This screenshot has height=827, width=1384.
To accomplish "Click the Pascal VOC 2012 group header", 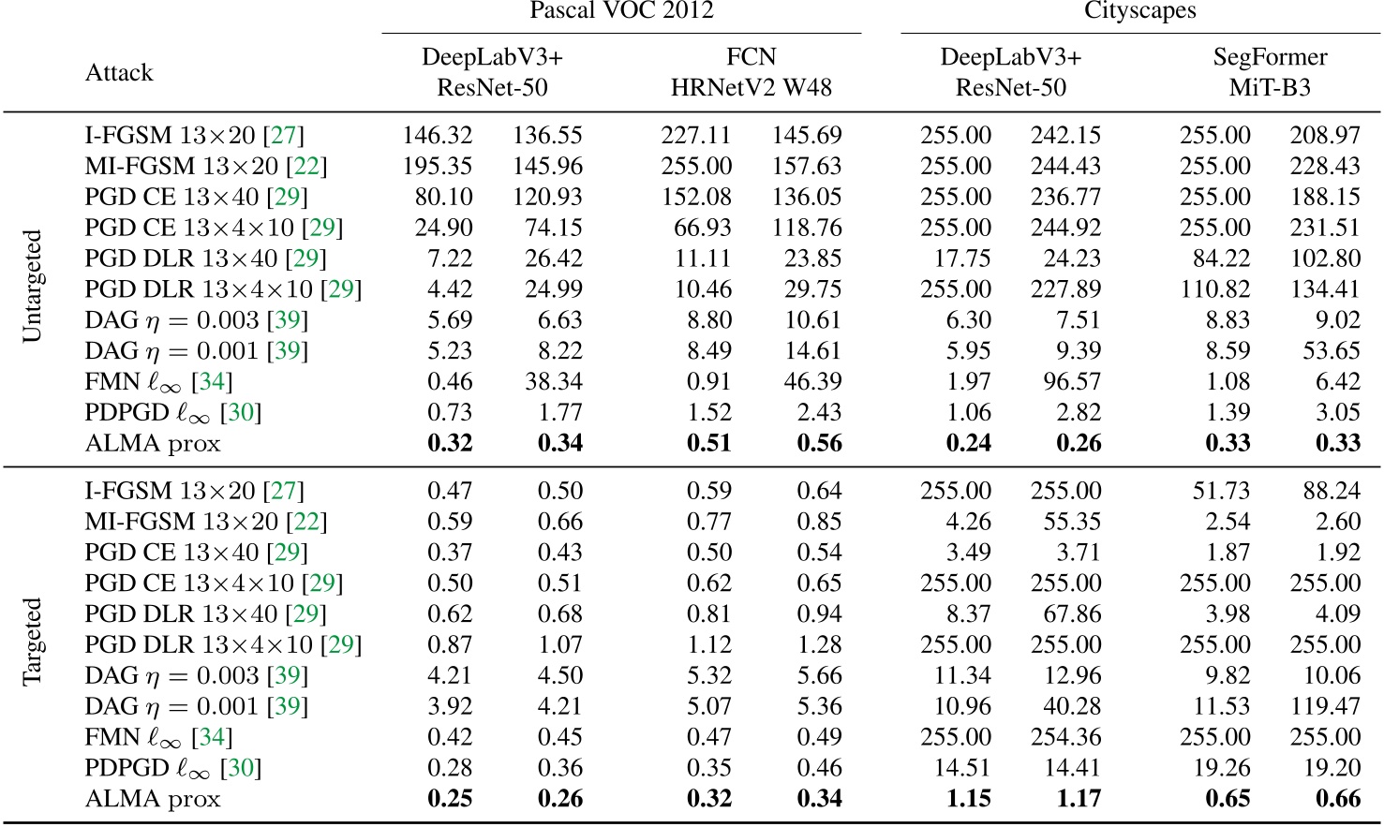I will click(x=621, y=11).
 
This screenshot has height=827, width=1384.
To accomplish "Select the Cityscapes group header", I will click(x=1139, y=11).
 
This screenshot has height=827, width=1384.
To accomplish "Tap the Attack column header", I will click(x=119, y=73).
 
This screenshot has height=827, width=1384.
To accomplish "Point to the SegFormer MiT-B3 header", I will click(x=1270, y=72).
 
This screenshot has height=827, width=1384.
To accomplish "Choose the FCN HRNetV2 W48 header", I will click(x=751, y=72).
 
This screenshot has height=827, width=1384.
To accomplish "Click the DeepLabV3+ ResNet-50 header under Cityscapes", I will click(x=1010, y=72).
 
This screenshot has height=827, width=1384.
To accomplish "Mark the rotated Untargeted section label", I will click(x=33, y=287).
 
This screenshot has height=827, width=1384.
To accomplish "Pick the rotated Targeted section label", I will click(x=33, y=642).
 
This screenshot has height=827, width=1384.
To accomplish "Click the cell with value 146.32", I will click(x=437, y=136).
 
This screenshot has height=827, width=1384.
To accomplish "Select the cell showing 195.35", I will click(x=437, y=167).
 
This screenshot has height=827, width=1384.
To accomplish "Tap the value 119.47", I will click(x=1324, y=707).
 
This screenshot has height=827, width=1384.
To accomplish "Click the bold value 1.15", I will click(x=968, y=799).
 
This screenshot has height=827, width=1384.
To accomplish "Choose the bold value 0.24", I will click(x=968, y=444).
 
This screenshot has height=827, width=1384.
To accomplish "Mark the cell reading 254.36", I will click(x=1065, y=738).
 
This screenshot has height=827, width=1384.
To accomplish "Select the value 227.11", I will click(x=696, y=136).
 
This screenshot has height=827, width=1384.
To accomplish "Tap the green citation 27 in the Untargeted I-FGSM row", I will click(x=283, y=136).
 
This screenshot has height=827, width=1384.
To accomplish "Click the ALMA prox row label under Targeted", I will click(x=153, y=800).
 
